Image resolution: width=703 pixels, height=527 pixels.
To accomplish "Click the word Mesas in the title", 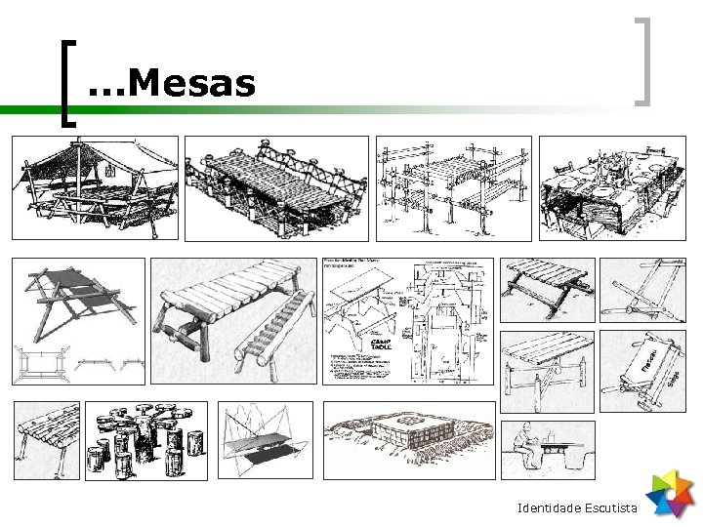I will click(190, 84).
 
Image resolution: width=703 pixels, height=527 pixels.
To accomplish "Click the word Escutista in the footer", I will click(610, 508).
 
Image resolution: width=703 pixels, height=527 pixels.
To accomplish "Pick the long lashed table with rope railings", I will click(275, 187).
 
